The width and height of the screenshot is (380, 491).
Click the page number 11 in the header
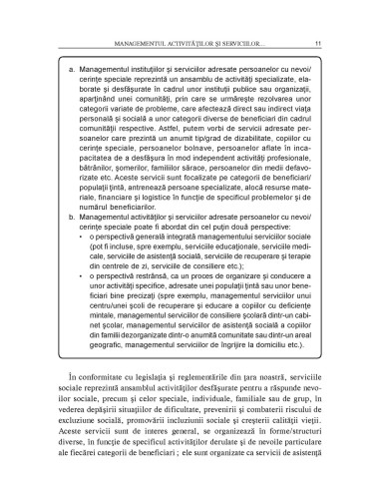[x=316, y=15]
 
